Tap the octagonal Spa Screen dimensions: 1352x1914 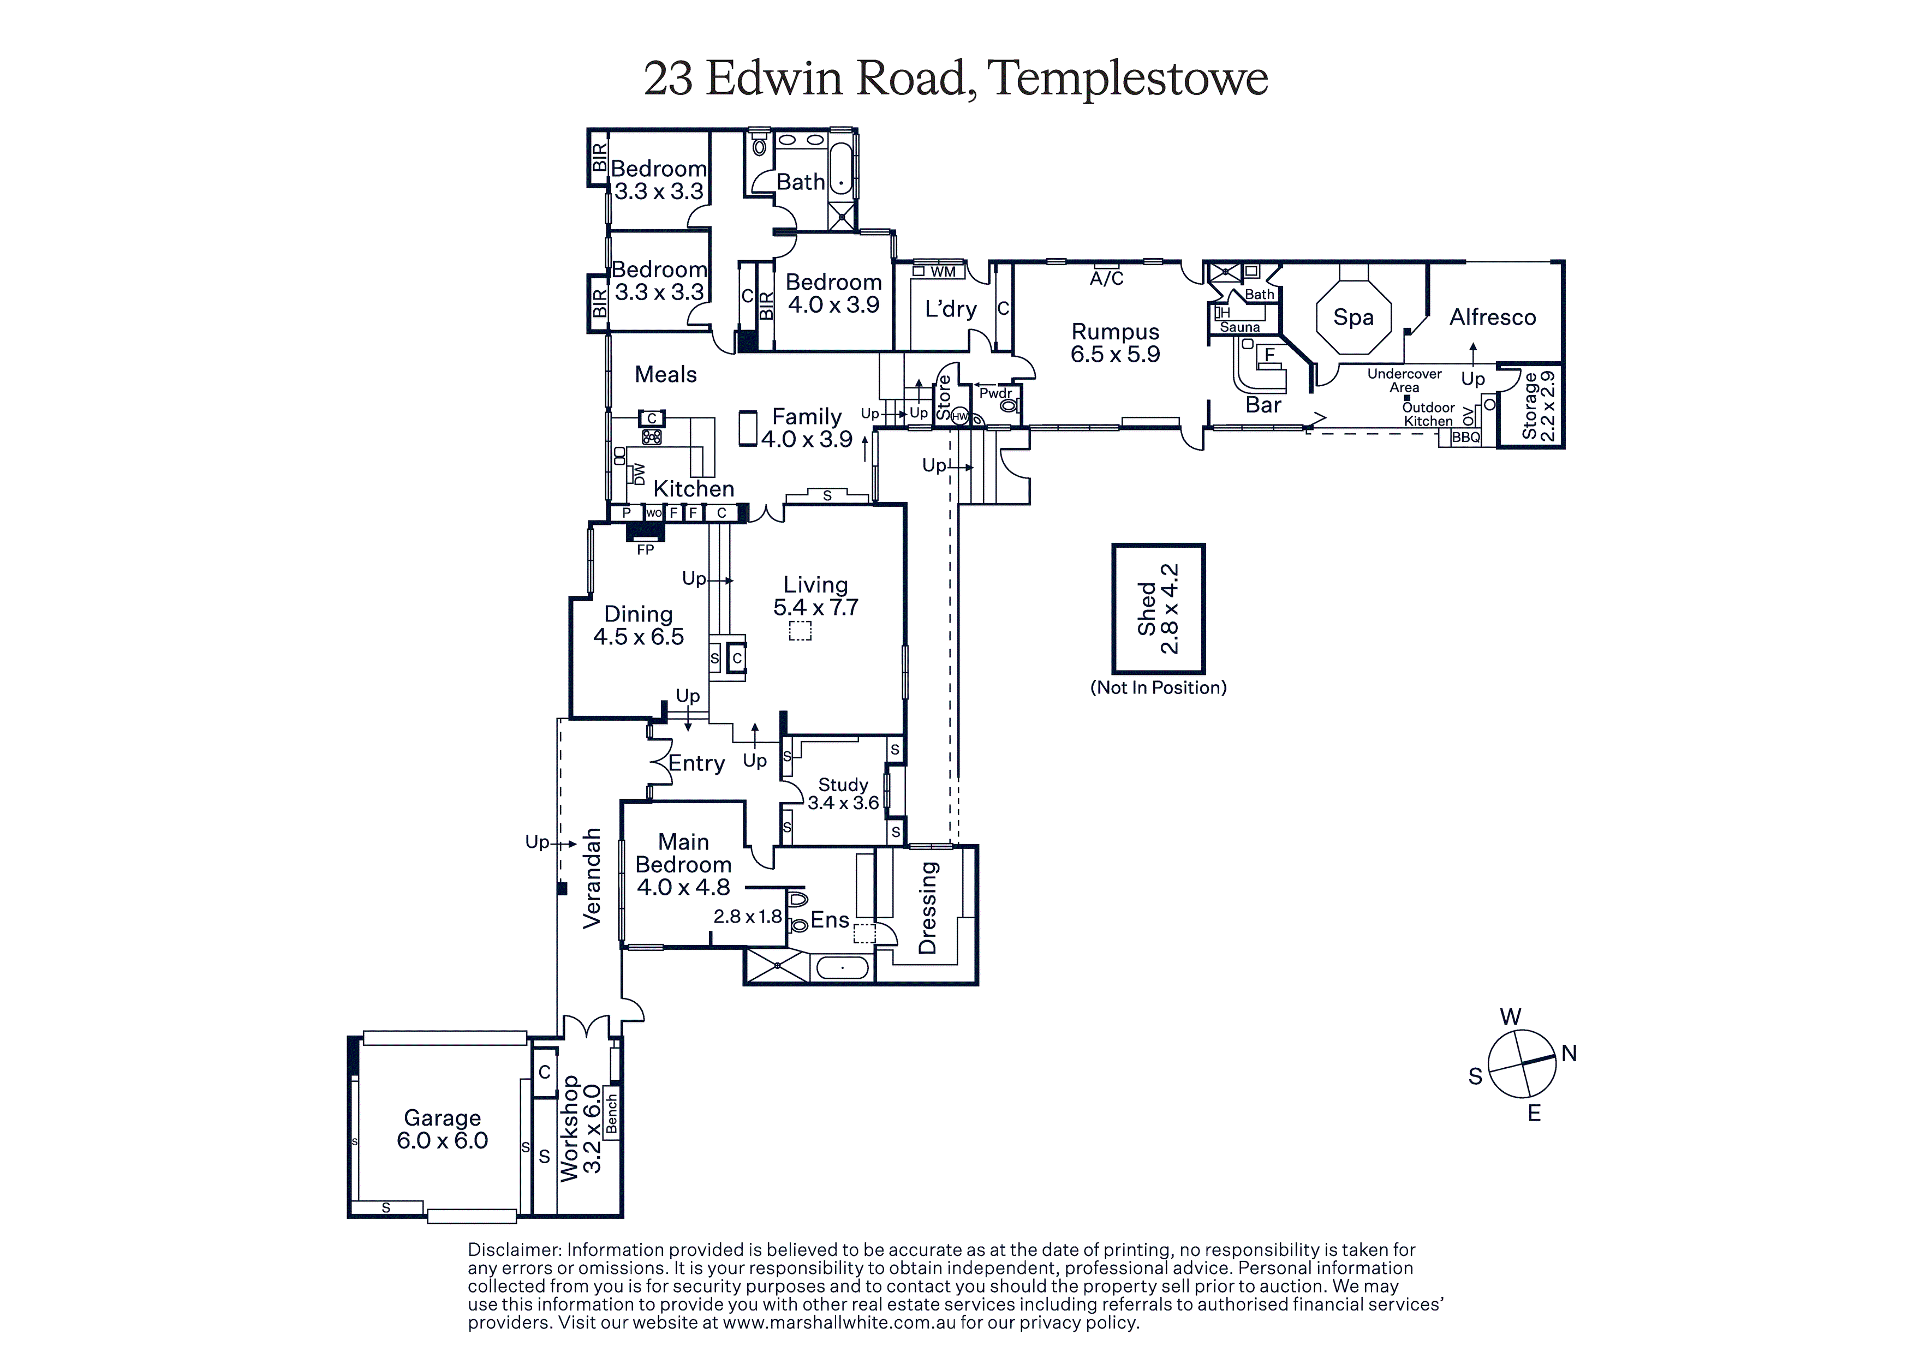pos(1353,318)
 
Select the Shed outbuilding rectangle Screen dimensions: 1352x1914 pos(1158,608)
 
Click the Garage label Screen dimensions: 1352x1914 pos(442,1118)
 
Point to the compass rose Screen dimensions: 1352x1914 pos(1522,1064)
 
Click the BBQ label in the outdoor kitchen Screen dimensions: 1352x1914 pos(1466,437)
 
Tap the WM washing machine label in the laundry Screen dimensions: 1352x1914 pos(943,272)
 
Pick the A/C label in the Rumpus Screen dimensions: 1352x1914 pos(1106,278)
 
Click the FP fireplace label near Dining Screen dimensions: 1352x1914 pos(645,549)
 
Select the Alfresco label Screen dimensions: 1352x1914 pos(1492,318)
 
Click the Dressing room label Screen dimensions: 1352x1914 pos(927,908)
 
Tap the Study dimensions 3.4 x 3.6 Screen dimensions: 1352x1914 pos(843,803)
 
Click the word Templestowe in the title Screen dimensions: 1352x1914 pos(1127,79)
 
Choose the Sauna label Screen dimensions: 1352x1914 pos(1239,327)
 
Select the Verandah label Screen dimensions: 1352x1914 pos(591,878)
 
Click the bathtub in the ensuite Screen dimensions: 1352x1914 pos(842,968)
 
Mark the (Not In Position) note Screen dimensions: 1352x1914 pos(1158,687)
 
